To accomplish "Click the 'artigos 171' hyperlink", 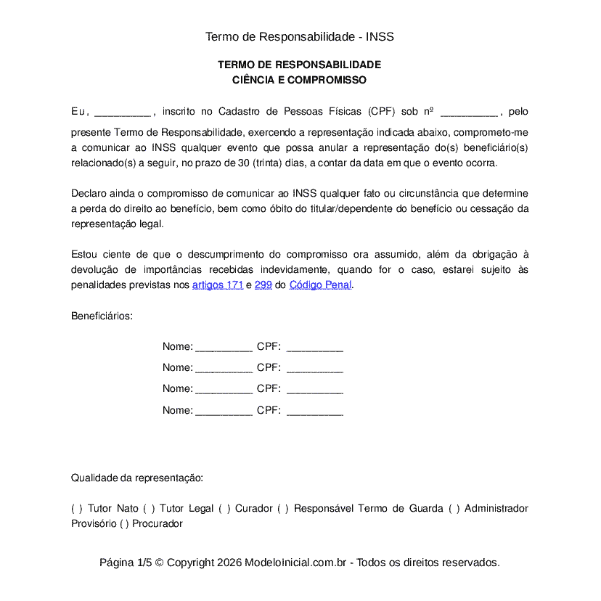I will coord(217,285).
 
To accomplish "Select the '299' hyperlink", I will coord(263,285).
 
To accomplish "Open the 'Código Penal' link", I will coord(320,285).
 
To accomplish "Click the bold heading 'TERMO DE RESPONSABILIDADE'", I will coord(299,65).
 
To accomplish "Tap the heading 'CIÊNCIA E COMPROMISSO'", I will coord(299,80).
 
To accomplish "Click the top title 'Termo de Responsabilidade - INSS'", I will coord(299,36).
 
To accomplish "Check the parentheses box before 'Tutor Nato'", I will coord(76,509).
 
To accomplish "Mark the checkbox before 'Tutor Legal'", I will coord(148,509).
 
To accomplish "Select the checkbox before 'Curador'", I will coord(224,509).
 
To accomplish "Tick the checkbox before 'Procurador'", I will coord(124,523).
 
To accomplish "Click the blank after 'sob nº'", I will coord(469,113).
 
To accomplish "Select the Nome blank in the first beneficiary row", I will coord(224,347).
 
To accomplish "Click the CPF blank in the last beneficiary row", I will coord(314,410).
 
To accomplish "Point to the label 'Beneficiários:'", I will coord(102,316).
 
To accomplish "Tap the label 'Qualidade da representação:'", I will coord(136,478).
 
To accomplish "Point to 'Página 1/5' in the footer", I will coord(126,563).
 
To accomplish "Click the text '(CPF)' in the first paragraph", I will coord(381,112).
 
